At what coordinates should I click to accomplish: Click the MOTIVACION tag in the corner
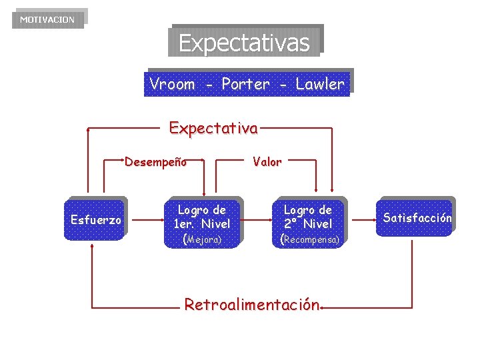(47, 19)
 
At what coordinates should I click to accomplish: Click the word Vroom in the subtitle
(172, 84)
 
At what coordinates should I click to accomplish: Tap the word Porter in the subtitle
(245, 84)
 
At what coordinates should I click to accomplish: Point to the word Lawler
(320, 84)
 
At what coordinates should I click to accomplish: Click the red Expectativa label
(213, 127)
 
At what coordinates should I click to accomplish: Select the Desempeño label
(155, 161)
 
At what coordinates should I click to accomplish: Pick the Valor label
(267, 161)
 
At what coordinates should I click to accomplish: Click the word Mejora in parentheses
(203, 239)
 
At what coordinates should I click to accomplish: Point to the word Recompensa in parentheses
(311, 239)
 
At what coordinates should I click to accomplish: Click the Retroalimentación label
(252, 305)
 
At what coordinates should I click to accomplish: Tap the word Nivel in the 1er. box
(215, 224)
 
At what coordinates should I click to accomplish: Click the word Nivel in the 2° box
(317, 224)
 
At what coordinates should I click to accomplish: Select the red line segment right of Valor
(301, 161)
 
